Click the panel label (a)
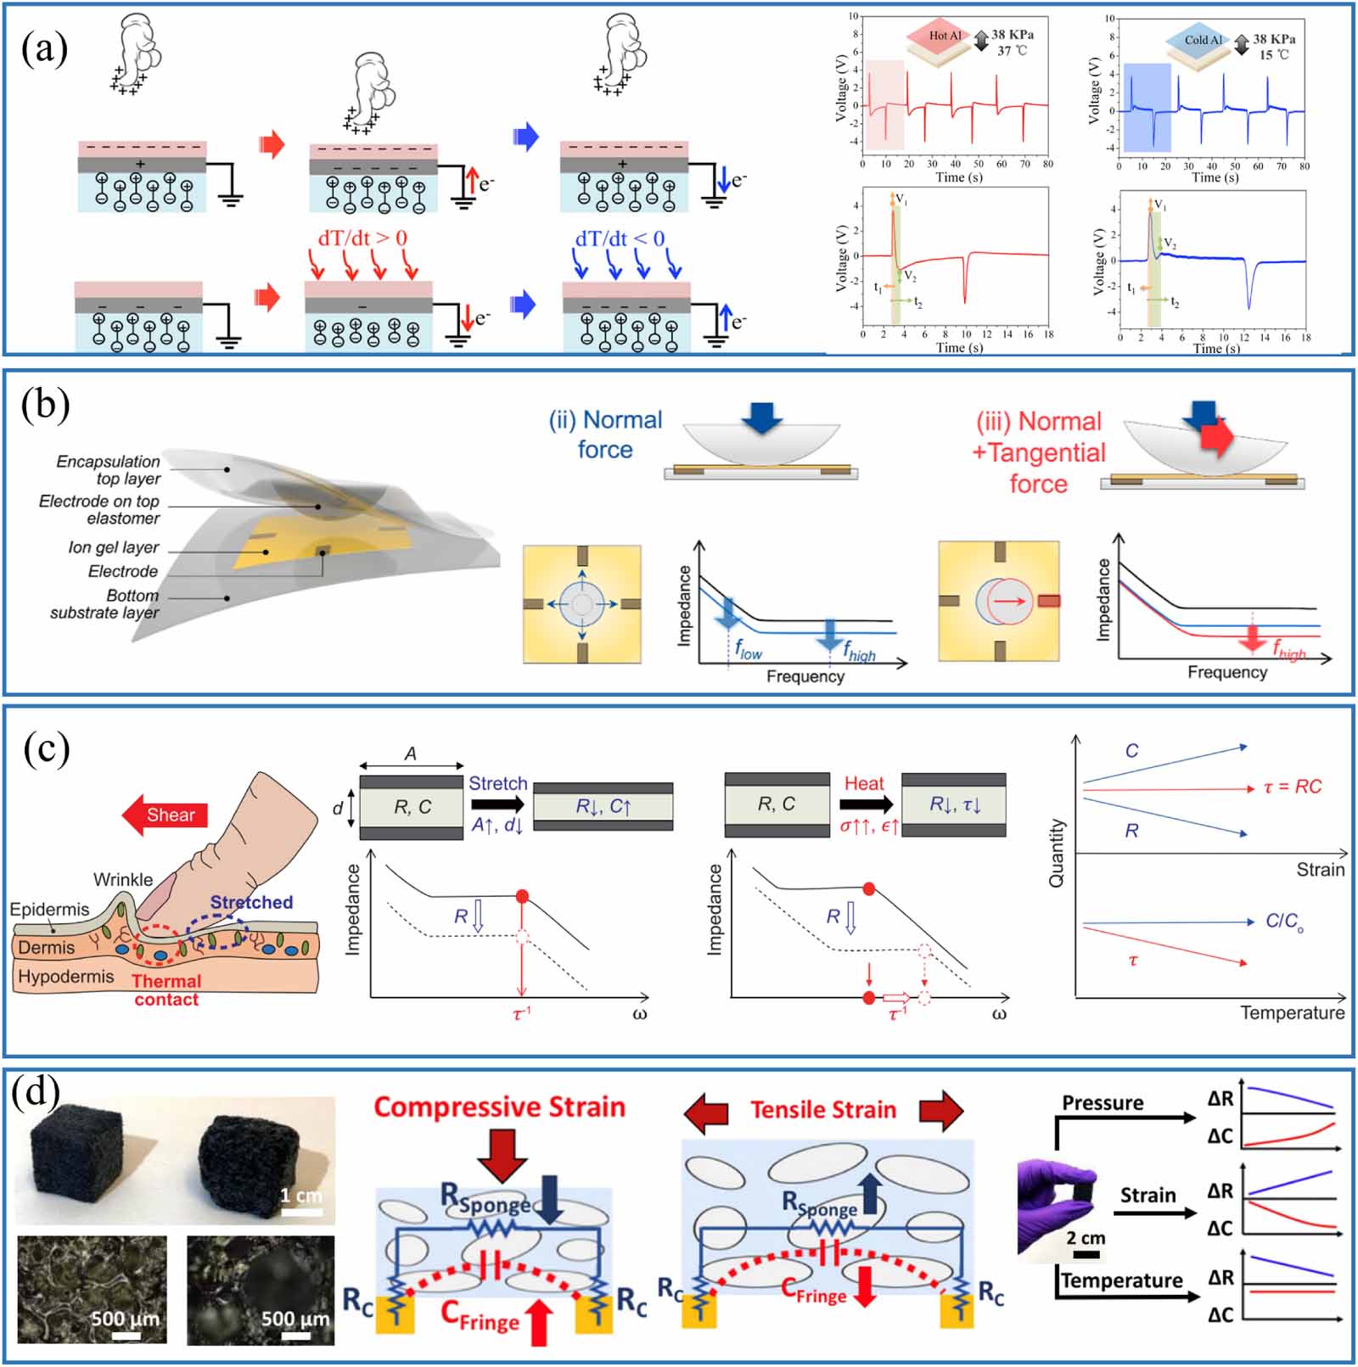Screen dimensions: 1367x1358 [44, 49]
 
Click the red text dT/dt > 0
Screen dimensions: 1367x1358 [362, 238]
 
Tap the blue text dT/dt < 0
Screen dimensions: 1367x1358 [620, 239]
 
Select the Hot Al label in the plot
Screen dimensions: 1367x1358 [945, 36]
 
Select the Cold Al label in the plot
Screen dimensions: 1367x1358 [1203, 40]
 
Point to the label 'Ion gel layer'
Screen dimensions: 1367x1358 [114, 547]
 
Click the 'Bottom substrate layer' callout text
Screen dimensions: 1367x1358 [104, 604]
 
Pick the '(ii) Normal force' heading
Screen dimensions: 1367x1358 [605, 434]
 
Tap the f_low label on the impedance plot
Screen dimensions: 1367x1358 [749, 653]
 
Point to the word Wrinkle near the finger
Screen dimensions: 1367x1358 [123, 880]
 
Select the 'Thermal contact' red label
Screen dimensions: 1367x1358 [166, 990]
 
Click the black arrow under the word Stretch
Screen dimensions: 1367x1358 [498, 804]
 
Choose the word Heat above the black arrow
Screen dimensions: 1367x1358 [864, 783]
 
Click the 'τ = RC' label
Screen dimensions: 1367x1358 [1292, 787]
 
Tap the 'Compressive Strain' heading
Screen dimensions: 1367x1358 [499, 1107]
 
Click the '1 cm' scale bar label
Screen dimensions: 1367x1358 [301, 1196]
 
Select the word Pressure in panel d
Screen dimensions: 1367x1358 [1103, 1103]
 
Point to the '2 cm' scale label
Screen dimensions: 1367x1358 [1087, 1238]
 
